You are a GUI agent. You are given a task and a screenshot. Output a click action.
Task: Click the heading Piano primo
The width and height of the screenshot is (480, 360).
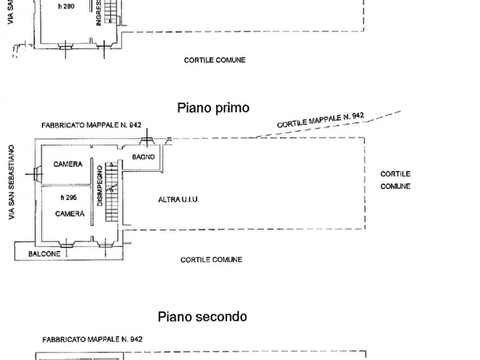point(213,107)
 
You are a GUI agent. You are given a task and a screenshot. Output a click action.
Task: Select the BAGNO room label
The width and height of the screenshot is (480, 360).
point(144,157)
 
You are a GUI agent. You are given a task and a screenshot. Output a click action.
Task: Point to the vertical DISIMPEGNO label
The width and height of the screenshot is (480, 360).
point(100,185)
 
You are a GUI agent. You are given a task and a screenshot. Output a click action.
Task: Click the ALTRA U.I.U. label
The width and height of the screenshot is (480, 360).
point(178,199)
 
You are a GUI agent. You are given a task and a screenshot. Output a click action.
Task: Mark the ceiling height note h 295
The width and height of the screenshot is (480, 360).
point(68,197)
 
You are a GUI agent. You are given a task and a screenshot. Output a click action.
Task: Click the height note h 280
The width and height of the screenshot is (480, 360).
point(66,7)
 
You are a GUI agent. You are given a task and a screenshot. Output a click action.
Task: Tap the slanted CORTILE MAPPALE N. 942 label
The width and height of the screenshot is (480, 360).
point(320,120)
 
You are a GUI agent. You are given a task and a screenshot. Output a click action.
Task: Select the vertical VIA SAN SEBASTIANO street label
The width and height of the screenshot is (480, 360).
point(11,182)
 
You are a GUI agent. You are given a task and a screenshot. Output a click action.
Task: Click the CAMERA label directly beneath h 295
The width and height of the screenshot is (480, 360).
point(69,213)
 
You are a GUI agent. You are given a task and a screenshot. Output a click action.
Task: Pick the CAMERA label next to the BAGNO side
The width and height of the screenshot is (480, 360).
point(68,164)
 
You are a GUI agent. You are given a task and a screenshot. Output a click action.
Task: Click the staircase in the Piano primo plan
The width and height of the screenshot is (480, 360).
point(111,192)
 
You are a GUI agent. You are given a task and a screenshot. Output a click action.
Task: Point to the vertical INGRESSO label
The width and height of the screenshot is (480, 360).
point(99,13)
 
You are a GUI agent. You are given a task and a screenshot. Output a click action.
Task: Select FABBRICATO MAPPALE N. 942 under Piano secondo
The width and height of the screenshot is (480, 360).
point(92,339)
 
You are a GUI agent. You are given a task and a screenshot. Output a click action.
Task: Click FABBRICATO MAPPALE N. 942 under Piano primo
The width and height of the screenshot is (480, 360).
point(91,125)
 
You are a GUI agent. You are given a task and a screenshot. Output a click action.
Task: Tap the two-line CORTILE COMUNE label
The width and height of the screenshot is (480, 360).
point(395,180)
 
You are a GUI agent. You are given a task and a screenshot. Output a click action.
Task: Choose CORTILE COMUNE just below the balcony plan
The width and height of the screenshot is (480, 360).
point(211,260)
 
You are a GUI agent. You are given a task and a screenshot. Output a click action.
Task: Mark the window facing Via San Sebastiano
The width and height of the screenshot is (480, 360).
point(37,174)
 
